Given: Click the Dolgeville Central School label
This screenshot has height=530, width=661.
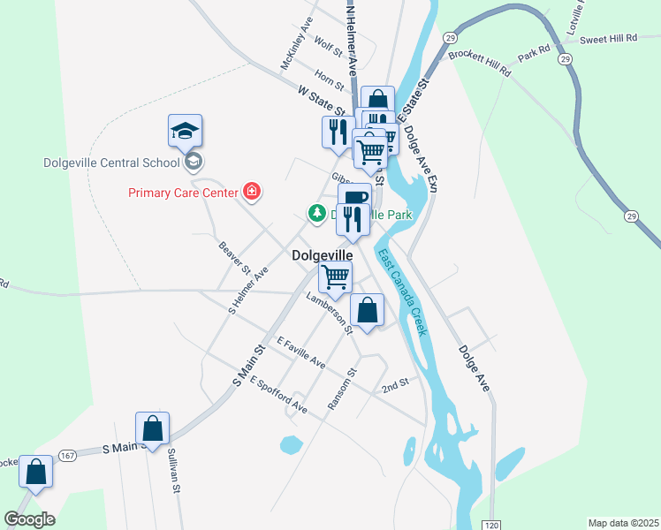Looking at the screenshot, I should pos(110,163).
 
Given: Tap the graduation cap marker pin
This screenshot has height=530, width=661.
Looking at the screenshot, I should pos(186,131).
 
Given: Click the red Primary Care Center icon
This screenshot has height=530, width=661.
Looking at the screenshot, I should pos(252,192).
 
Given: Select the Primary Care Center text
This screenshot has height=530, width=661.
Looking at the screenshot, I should pos(183,193).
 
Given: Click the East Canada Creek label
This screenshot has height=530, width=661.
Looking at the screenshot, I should pos(403,292).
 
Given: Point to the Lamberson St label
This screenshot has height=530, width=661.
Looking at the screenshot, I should pos(330,314).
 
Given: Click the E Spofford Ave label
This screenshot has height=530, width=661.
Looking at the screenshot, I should pos(278,395).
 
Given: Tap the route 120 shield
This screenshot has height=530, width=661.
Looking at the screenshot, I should pos(492,525).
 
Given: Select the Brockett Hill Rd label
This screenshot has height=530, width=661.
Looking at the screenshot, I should pos(480,64).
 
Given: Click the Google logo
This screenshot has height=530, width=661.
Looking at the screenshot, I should pos(29,519).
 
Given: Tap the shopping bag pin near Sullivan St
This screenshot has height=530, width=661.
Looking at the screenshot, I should pos(153,428).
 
